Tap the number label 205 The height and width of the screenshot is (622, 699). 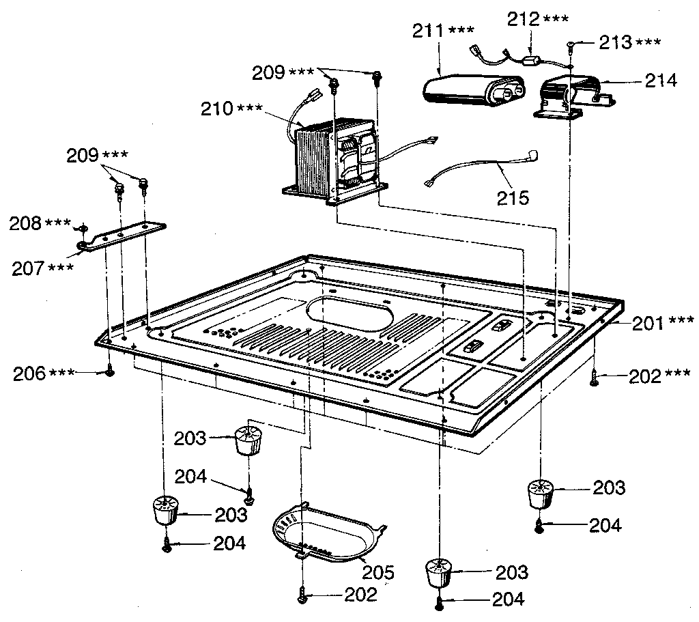378,571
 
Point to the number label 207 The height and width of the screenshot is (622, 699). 29,267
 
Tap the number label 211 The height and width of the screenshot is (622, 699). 429,31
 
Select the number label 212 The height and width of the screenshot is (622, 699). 523,19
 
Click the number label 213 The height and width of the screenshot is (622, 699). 614,42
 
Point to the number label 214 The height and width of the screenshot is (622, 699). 661,81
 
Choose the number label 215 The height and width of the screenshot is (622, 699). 513,198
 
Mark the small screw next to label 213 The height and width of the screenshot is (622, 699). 571,46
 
